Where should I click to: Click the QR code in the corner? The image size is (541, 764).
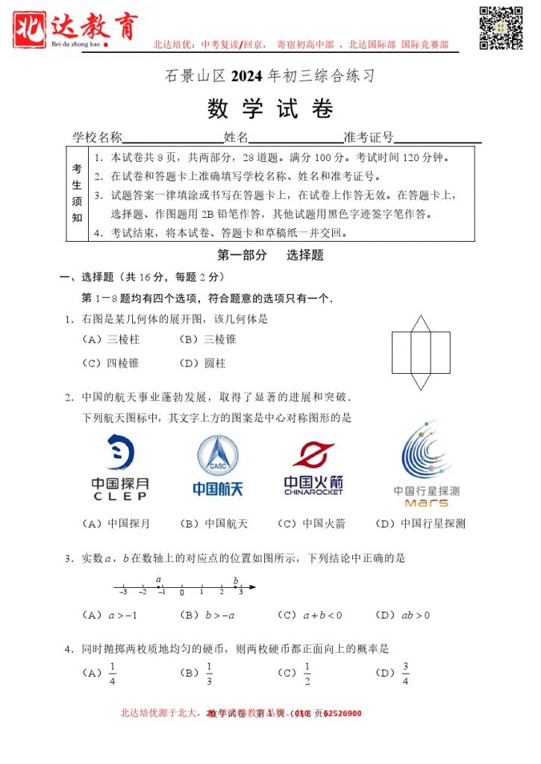tap(501, 27)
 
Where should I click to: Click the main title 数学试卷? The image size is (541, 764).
tap(270, 109)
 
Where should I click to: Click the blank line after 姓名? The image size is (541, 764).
tap(295, 138)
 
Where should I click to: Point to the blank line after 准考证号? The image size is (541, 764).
tap(437, 138)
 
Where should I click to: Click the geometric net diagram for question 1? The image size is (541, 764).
tap(421, 352)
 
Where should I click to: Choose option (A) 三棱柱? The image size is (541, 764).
tap(113, 339)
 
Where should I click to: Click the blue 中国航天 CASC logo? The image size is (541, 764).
tap(218, 465)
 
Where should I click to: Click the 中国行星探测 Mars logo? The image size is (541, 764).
tap(427, 464)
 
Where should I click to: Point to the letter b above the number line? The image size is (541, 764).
tap(236, 580)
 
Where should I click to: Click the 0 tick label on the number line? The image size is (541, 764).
tap(181, 593)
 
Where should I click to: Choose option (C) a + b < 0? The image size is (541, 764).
tap(310, 616)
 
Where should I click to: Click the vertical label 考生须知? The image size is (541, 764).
tap(77, 193)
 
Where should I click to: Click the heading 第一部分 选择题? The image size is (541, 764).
tap(270, 255)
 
